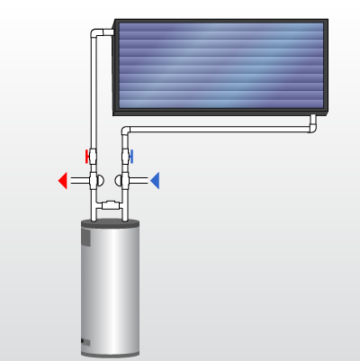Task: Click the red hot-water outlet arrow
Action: [62, 181]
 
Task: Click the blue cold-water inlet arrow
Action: [155, 181]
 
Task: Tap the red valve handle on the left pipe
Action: [88, 155]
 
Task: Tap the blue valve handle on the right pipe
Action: [131, 156]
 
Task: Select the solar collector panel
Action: [220, 66]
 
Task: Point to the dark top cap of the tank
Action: [111, 225]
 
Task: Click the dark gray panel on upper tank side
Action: [86, 239]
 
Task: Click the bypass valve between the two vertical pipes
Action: [111, 206]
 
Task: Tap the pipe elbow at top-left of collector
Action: [98, 34]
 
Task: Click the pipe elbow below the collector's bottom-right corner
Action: [311, 127]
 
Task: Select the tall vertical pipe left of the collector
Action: [94, 90]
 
